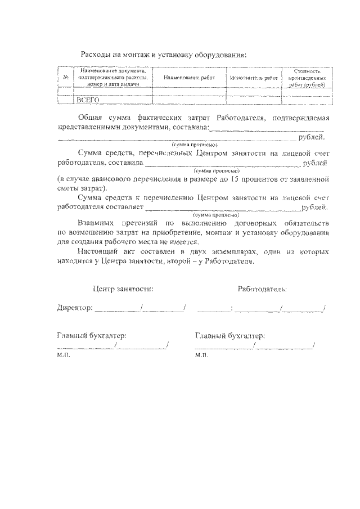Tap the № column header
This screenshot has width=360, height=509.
click(66, 78)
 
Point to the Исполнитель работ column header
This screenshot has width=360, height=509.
click(254, 78)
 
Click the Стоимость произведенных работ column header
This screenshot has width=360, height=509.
click(307, 78)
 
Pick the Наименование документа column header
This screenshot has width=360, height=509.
click(113, 77)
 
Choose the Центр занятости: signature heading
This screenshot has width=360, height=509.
click(123, 289)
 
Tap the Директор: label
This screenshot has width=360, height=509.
click(75, 308)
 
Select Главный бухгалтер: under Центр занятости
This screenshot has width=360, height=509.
click(92, 336)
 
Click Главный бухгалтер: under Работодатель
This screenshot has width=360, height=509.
click(230, 336)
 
